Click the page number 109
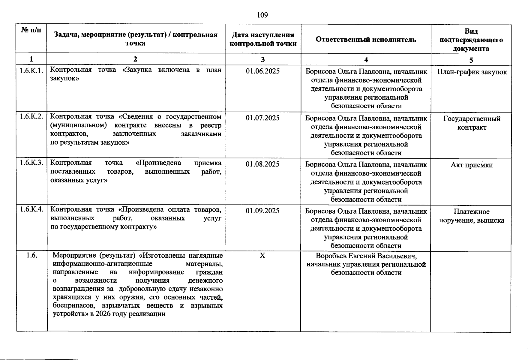pyautogui.click(x=262, y=15)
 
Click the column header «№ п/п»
pyautogui.click(x=31, y=30)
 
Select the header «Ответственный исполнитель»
pyautogui.click(x=366, y=40)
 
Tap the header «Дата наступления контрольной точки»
pyautogui.click(x=263, y=39)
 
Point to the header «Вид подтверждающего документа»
pyautogui.click(x=471, y=40)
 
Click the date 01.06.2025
pyautogui.click(x=262, y=71)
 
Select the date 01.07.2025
pyautogui.click(x=262, y=118)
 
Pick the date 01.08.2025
pyautogui.click(x=262, y=164)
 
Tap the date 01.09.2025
pyautogui.click(x=262, y=211)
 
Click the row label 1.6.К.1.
pyautogui.click(x=31, y=71)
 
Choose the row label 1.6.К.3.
pyautogui.click(x=31, y=163)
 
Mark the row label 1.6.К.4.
pyautogui.click(x=31, y=209)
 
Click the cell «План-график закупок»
pyautogui.click(x=472, y=72)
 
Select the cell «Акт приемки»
pyautogui.click(x=472, y=165)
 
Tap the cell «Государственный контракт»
pyautogui.click(x=472, y=123)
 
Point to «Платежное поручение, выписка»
pyautogui.click(x=472, y=216)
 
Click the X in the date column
pyautogui.click(x=262, y=256)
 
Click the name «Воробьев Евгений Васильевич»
pyautogui.click(x=366, y=256)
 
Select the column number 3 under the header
pyautogui.click(x=263, y=59)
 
